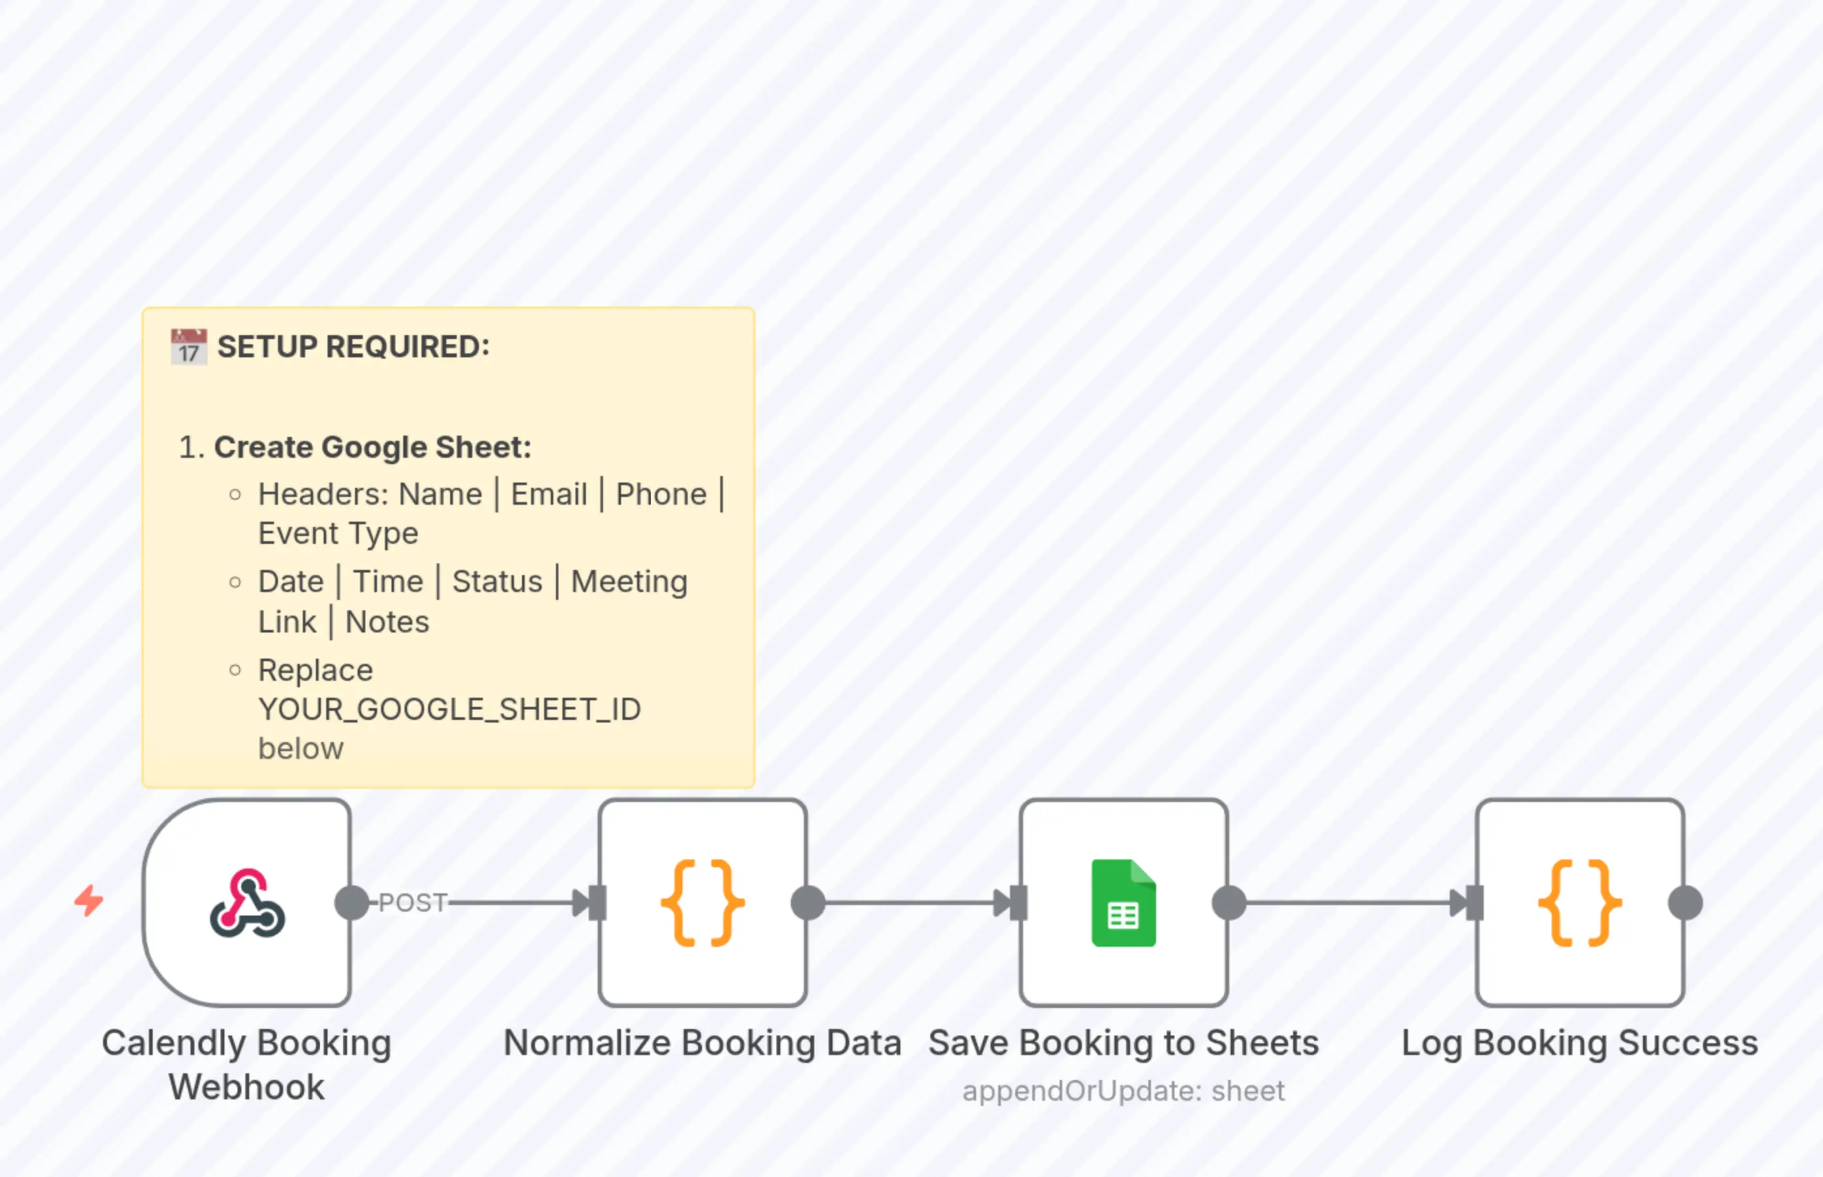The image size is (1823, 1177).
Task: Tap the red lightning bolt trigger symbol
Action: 89,901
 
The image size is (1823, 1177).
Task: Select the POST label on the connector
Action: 413,902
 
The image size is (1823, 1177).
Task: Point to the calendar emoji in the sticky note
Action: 188,347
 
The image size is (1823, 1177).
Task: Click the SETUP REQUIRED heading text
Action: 353,347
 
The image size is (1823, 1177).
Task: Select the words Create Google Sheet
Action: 372,447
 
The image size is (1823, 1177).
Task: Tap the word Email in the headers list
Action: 549,494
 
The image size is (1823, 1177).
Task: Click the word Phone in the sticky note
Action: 662,494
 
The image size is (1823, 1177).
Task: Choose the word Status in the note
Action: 497,582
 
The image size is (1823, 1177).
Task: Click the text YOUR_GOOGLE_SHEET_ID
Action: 450,710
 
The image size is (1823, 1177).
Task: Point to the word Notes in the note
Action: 387,622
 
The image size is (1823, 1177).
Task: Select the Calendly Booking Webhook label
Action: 246,1065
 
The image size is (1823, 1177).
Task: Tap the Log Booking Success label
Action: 1580,1043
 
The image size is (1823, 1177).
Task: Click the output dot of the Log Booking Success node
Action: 1685,902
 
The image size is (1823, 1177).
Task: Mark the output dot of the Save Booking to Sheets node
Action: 1229,902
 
